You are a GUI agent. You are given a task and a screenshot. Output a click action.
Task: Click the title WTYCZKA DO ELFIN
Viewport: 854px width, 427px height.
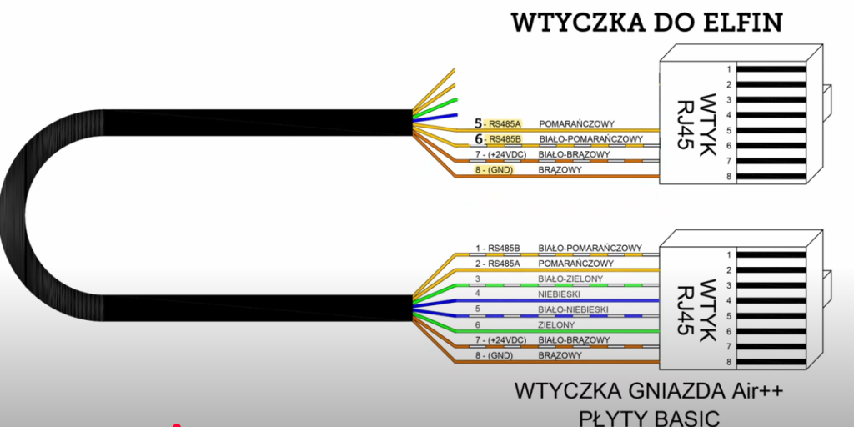647,22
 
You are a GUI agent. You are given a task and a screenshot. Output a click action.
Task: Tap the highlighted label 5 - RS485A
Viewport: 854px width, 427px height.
495,123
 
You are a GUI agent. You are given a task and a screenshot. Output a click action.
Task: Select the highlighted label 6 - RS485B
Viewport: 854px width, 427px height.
495,138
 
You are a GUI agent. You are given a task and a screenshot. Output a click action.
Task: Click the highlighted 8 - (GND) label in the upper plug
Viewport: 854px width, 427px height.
494,169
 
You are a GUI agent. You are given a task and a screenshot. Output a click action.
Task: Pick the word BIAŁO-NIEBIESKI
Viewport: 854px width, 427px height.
574,309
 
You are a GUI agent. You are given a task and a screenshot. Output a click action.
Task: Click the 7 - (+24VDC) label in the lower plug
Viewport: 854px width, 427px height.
501,340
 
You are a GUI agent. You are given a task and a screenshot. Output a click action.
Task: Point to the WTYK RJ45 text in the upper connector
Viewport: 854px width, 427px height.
692,118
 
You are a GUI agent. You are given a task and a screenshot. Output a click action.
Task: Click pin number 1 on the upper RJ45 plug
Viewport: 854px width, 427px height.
728,69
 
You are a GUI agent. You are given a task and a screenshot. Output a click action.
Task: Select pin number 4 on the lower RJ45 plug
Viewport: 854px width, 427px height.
728,300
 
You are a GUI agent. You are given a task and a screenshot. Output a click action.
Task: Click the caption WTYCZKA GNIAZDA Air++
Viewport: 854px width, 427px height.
650,390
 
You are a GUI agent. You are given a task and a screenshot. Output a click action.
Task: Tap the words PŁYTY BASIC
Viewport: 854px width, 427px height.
649,415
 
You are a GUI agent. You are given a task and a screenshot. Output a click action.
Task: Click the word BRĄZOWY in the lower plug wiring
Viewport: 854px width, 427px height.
560,355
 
